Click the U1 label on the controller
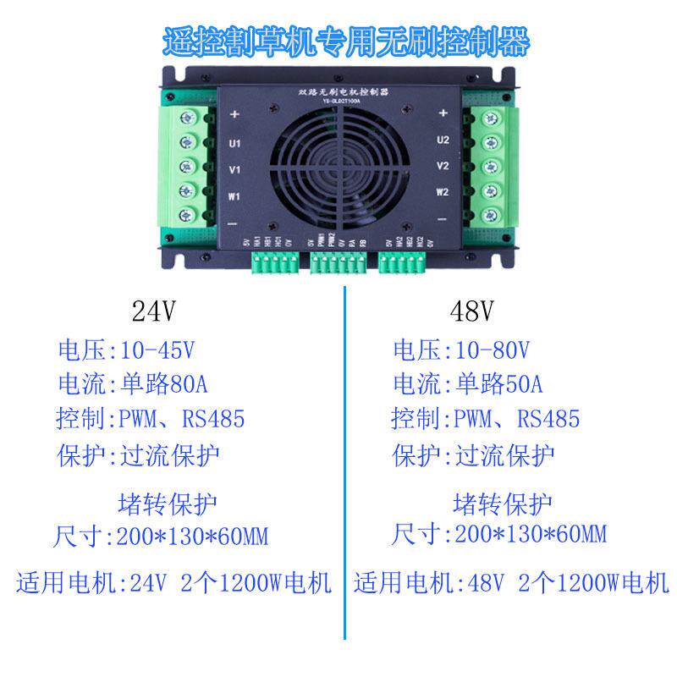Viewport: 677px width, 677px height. [x=235, y=143]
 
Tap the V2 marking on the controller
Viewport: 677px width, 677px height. [x=441, y=166]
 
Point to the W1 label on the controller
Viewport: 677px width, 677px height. [x=235, y=197]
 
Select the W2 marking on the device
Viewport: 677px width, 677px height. [x=442, y=192]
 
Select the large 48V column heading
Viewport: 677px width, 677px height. [x=471, y=312]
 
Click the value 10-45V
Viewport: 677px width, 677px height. [x=159, y=350]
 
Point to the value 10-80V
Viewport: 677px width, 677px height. [x=494, y=350]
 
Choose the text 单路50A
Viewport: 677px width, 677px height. [x=498, y=384]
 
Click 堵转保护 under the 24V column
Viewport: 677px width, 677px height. [x=168, y=504]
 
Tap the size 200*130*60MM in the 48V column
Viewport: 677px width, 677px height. [x=531, y=534]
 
